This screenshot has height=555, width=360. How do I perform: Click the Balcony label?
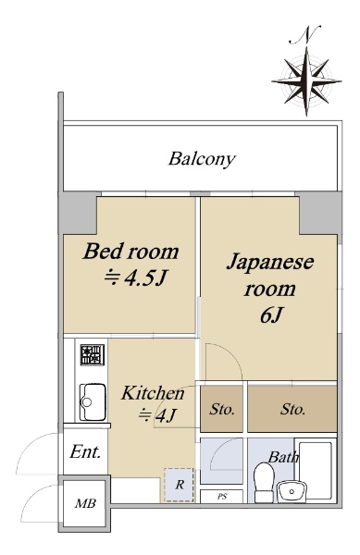pyautogui.click(x=202, y=159)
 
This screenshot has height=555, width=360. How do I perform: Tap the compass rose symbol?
pyautogui.click(x=306, y=81)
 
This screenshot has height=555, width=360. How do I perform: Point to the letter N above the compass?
pyautogui.click(x=305, y=35)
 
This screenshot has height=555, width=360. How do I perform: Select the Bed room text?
pyautogui.click(x=131, y=252)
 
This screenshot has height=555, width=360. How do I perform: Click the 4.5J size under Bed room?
pyautogui.click(x=135, y=278)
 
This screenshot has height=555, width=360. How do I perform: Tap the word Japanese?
pyautogui.click(x=270, y=264)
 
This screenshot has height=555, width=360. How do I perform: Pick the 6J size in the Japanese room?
pyautogui.click(x=271, y=315)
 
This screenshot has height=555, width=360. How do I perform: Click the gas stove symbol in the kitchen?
pyautogui.click(x=92, y=354)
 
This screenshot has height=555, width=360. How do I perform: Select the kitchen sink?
pyautogui.click(x=93, y=401)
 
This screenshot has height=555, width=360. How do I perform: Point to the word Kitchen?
pyautogui.click(x=153, y=393)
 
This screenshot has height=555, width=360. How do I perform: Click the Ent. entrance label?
pyautogui.click(x=85, y=452)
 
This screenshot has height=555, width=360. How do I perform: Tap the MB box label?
pyautogui.click(x=85, y=503)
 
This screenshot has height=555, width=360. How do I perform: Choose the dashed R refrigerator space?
pyautogui.click(x=180, y=485)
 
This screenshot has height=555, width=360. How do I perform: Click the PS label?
pyautogui.click(x=222, y=497)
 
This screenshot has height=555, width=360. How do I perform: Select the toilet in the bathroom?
pyautogui.click(x=265, y=482)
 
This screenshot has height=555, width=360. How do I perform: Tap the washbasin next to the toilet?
pyautogui.click(x=292, y=492)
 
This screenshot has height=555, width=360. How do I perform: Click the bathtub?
pyautogui.click(x=317, y=470)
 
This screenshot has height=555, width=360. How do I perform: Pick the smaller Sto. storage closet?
pyautogui.click(x=222, y=409)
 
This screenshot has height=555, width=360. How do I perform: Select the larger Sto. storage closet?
pyautogui.click(x=292, y=409)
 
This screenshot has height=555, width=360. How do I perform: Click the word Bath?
pyautogui.click(x=283, y=457)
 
